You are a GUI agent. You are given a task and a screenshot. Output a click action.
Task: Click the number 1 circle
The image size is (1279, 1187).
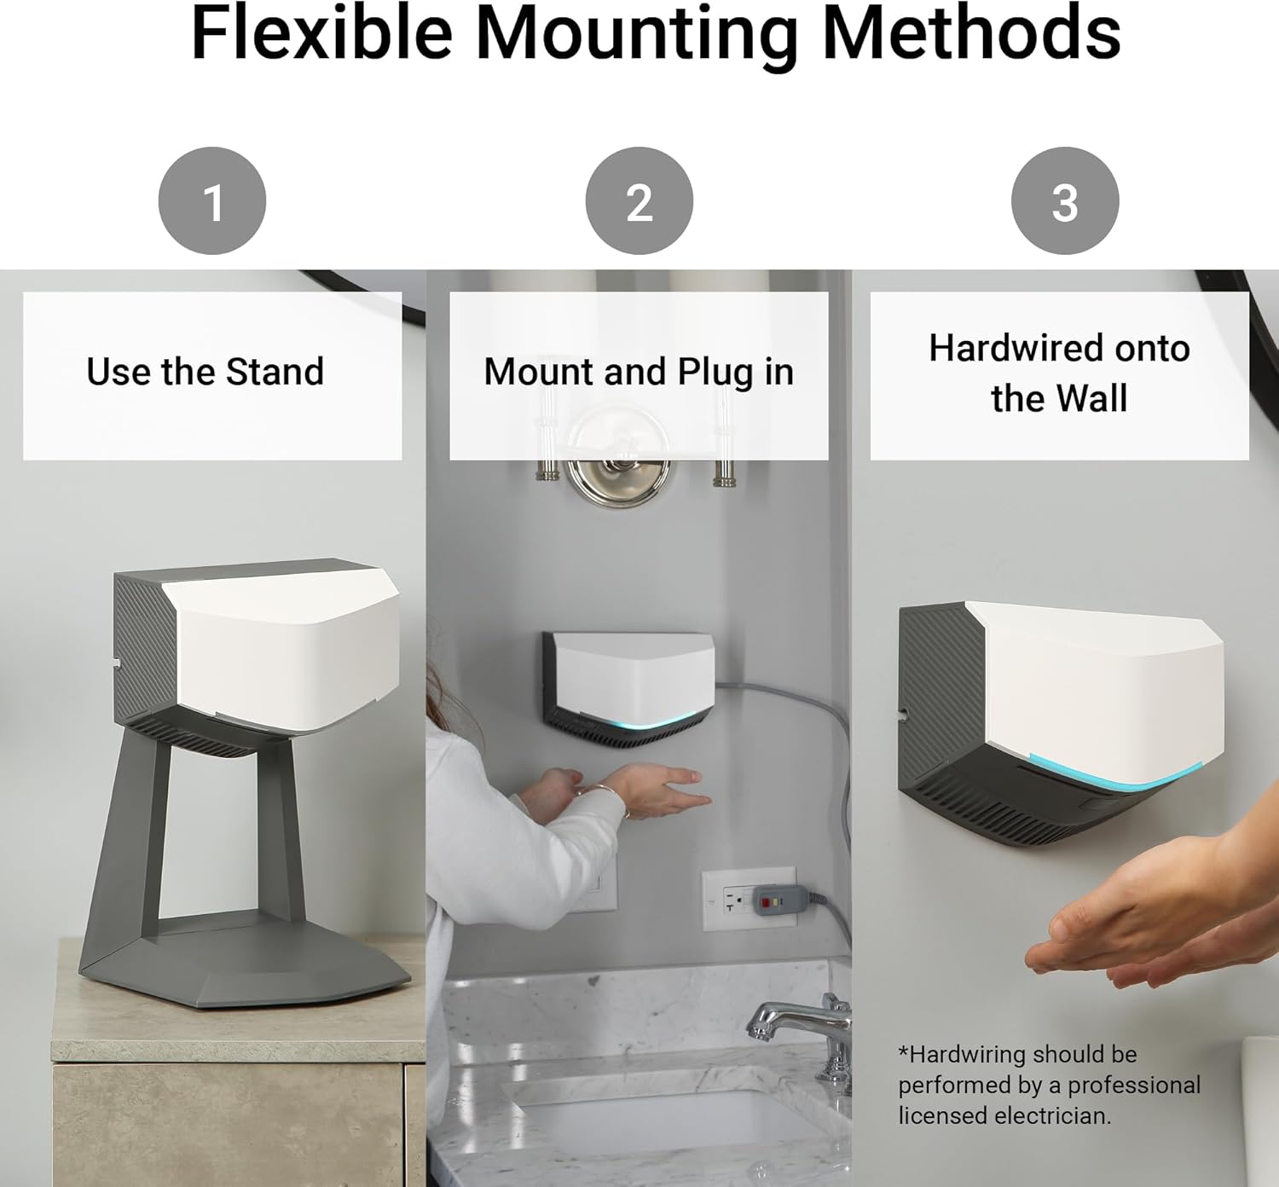point(211,201)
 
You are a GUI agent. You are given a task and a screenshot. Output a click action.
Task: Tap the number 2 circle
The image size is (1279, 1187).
point(639,201)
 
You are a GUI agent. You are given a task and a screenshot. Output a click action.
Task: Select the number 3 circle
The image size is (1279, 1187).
point(1065,201)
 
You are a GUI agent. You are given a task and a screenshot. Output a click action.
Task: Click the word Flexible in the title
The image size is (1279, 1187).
point(321,32)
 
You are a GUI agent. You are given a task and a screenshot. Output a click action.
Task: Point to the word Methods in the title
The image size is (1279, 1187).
point(972,32)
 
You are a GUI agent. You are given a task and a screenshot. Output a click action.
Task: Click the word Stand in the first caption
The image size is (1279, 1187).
point(275,372)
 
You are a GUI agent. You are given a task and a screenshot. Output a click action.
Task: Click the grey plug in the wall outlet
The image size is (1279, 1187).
point(780,898)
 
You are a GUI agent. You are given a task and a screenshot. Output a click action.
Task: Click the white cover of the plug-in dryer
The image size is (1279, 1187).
point(634,680)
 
